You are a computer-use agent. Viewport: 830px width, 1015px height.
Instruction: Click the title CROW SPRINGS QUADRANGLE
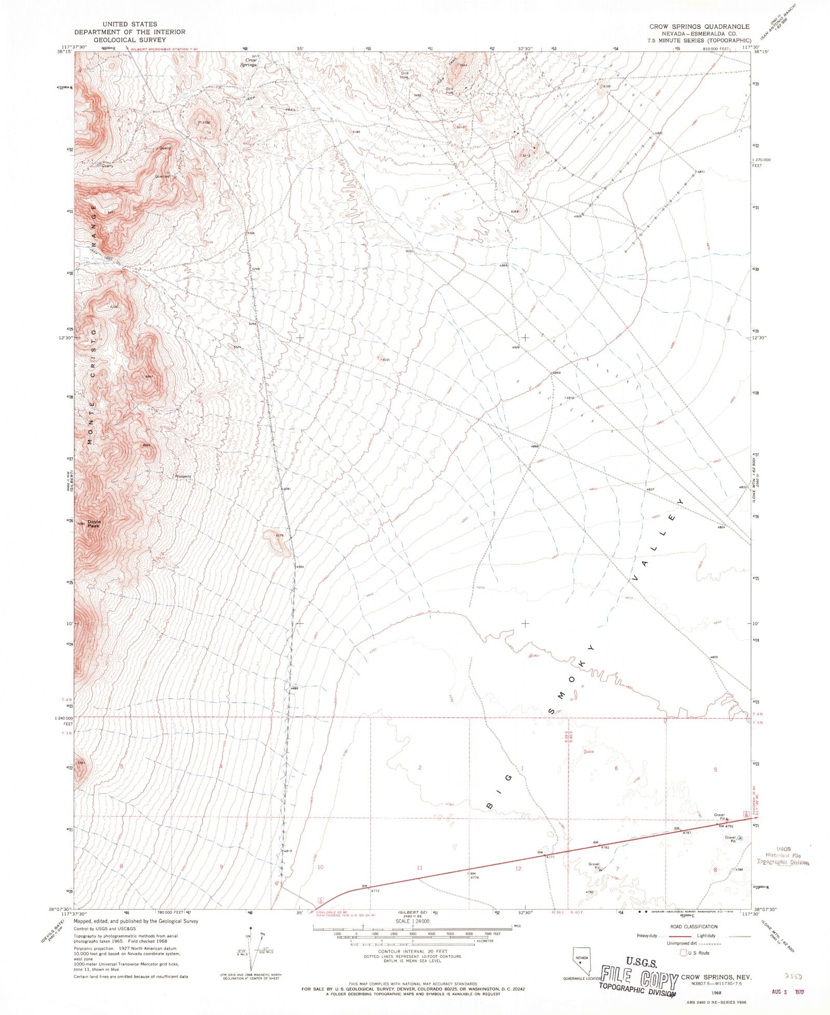(x=699, y=26)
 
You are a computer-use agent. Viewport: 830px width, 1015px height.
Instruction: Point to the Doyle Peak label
(x=93, y=524)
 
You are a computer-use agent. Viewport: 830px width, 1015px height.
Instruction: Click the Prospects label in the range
(x=183, y=476)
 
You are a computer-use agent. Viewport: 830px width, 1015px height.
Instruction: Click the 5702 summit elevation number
(x=205, y=122)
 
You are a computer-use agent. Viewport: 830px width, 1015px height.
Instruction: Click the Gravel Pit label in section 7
(x=594, y=866)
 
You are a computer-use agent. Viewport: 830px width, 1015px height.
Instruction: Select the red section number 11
(x=420, y=868)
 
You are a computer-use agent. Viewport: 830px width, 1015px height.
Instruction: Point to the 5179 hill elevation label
(x=280, y=536)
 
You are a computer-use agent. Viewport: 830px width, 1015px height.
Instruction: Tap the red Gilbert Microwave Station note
(x=164, y=49)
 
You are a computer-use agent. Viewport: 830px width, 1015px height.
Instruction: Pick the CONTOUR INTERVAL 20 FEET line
(x=412, y=952)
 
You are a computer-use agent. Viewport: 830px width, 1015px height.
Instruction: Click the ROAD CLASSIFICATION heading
(x=693, y=926)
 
